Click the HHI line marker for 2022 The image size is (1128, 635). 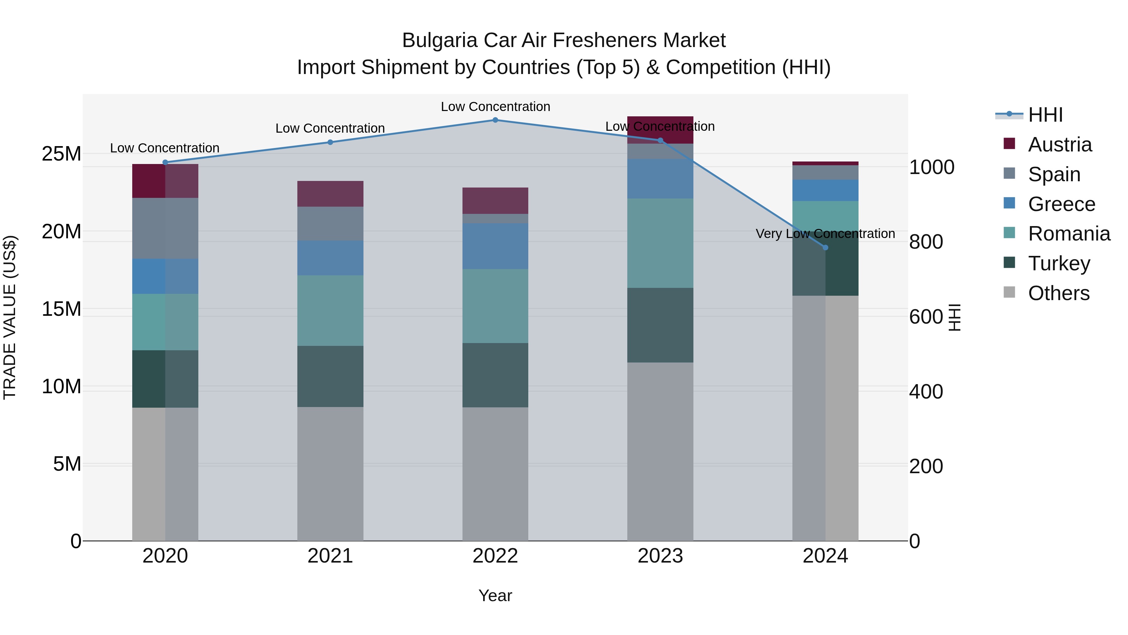495,120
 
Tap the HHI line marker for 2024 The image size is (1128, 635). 825,248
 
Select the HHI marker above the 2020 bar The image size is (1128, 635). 165,162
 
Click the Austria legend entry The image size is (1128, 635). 1060,145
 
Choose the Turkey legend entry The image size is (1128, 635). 1059,263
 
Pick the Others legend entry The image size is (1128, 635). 1058,293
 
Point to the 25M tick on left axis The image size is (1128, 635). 61,154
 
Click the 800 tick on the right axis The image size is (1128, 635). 926,242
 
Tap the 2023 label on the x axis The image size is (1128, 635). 660,556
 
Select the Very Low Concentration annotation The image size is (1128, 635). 825,234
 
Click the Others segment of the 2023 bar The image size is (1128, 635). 660,451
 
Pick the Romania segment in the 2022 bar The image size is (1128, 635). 495,306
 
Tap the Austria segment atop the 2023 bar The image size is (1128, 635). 660,130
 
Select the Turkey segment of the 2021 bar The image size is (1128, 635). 330,376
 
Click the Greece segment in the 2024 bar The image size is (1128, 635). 825,190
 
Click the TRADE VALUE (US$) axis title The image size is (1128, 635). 10,317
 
